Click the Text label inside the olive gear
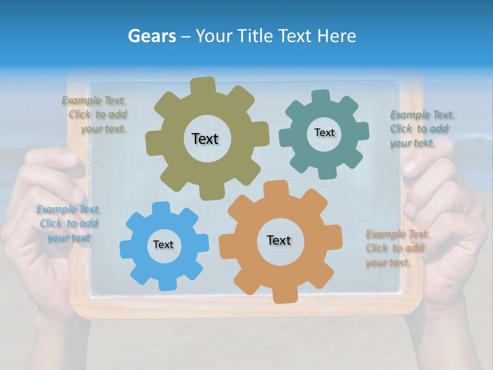[205, 139]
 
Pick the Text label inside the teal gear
[324, 133]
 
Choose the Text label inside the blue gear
[163, 245]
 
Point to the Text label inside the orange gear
[278, 240]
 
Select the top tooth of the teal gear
[321, 96]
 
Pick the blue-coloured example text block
[68, 224]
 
